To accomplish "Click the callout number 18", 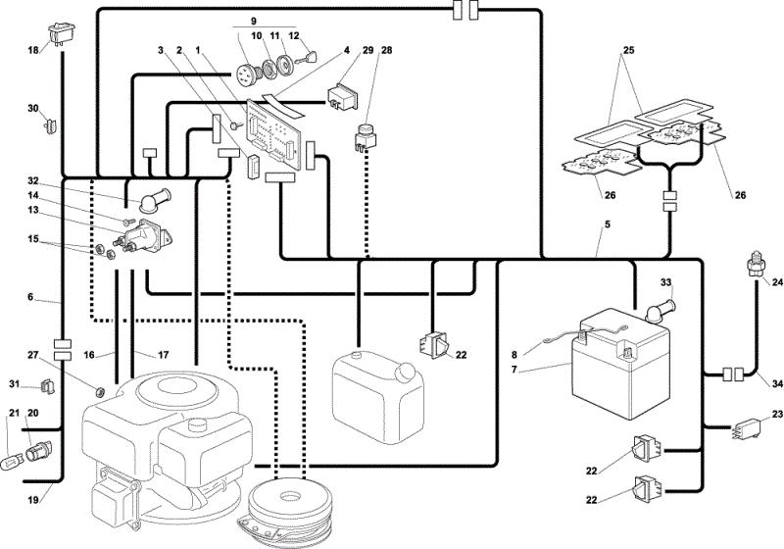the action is point(33,50).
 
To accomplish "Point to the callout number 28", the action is point(386,50).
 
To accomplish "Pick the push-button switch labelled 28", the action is point(367,135).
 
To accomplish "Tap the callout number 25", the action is point(628,50).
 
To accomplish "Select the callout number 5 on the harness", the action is point(607,225).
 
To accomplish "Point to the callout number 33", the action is point(666,282).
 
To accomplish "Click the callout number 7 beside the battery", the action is point(514,370).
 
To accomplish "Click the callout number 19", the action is point(33,499).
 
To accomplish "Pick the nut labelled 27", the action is point(99,390).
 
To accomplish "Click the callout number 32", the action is point(33,180).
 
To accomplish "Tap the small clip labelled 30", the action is point(51,125).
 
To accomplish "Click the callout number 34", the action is point(776,384).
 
